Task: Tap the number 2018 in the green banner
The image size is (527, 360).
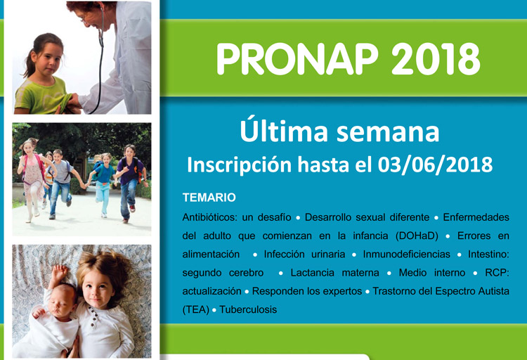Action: pos(436,59)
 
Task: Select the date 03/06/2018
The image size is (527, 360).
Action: pos(435,165)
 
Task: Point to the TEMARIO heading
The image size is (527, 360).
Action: pos(209,198)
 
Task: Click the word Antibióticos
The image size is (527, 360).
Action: pos(209,217)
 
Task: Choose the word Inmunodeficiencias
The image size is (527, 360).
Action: pos(406,255)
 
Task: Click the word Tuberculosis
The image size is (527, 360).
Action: pos(248,309)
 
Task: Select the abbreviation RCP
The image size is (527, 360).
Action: pos(497,273)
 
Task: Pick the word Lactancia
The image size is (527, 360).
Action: pos(312,273)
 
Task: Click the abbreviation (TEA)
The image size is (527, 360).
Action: pos(196,309)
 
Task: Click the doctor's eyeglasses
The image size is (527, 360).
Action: pos(84,17)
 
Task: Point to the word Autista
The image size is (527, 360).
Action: pos(493,291)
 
